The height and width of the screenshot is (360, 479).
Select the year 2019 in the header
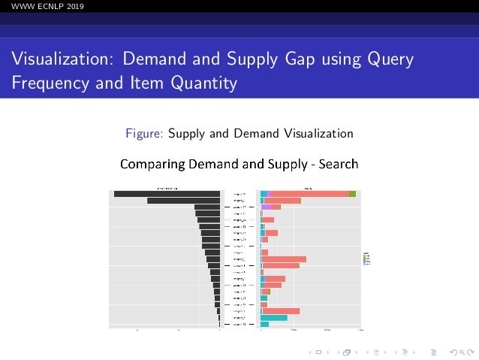(74, 7)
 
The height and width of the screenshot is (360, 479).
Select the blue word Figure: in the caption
(145, 134)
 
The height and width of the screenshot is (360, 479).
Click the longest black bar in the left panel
(167, 194)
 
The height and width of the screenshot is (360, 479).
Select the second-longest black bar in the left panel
(183, 201)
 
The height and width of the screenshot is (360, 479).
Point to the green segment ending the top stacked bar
(352, 194)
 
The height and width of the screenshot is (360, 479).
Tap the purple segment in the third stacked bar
(267, 207)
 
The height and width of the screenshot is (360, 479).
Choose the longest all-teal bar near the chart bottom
(274, 318)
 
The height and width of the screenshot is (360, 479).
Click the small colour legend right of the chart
(365, 258)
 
